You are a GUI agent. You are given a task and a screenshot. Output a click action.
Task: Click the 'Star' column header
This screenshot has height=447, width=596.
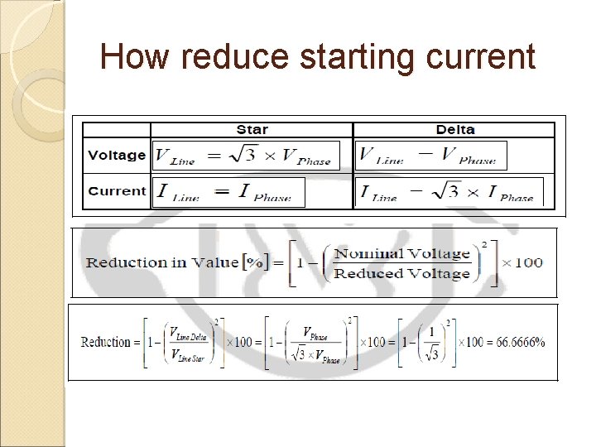click(252, 129)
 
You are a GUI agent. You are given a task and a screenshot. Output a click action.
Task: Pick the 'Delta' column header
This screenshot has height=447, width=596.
click(454, 129)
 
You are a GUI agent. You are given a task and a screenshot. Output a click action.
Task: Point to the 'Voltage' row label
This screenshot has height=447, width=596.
click(117, 155)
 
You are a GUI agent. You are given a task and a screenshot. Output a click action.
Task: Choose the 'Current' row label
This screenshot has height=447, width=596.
click(117, 190)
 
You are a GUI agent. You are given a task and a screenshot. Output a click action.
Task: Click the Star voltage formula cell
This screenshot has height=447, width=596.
click(245, 156)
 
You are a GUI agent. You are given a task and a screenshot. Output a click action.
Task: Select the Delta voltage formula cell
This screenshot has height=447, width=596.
click(430, 156)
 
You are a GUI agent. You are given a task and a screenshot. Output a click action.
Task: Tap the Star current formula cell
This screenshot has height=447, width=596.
click(228, 192)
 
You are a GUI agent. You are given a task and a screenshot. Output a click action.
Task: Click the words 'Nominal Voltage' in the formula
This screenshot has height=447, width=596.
click(401, 253)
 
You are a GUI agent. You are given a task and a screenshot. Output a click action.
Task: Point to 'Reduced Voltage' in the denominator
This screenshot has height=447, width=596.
click(401, 273)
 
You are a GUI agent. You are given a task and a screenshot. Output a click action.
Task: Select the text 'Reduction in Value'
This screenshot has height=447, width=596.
click(162, 262)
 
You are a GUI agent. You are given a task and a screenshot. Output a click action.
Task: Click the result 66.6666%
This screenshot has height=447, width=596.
click(518, 342)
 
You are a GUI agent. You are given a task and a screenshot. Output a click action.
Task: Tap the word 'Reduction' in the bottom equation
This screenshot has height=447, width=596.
click(106, 342)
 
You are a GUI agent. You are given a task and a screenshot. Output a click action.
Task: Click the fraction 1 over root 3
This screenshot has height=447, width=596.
click(428, 342)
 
